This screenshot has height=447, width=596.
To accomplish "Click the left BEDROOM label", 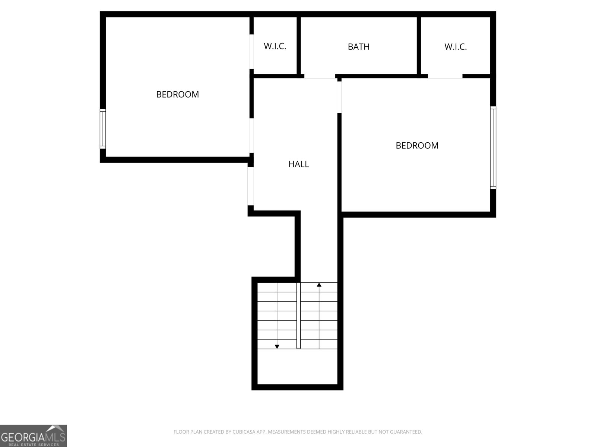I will point(177,95).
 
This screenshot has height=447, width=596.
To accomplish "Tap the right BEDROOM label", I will point(417,146).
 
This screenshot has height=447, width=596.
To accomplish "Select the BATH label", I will point(358,47).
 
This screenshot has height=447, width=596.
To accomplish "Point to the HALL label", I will point(298,164).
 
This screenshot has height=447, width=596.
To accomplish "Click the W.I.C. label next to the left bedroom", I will point(275,47).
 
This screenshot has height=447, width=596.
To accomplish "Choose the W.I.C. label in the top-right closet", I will point(455,47).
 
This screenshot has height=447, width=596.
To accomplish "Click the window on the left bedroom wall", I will point(103,129).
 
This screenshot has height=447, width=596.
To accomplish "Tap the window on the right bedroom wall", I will point(493,147).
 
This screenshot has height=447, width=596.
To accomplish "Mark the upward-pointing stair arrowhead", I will point(319,285).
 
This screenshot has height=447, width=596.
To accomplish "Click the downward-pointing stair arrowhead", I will point(277,346).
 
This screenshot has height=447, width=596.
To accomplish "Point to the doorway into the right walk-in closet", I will point(445,76).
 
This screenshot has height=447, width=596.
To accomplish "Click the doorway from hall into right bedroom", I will point(339,96).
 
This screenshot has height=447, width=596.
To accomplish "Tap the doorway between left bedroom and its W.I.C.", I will point(252,52).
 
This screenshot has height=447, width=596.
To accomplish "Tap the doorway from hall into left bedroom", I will point(252,136).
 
